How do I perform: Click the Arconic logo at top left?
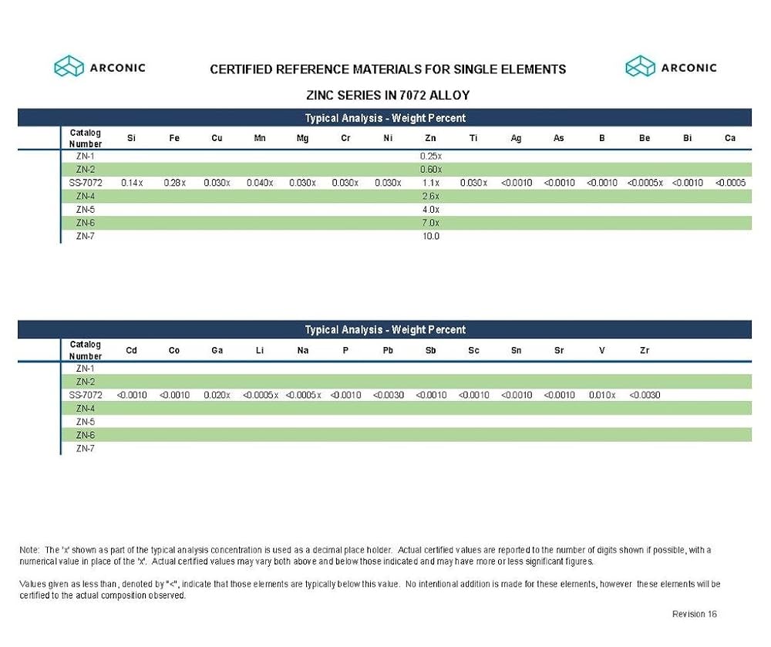[99, 67]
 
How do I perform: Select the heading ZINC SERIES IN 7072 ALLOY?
[388, 95]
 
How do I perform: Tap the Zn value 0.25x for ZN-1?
[430, 156]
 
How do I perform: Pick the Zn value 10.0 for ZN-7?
[430, 237]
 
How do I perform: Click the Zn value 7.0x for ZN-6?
[430, 223]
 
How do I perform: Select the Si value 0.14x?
[132, 183]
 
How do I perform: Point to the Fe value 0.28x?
[174, 183]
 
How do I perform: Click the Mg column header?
[302, 138]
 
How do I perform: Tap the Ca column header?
[729, 138]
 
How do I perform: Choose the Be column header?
[645, 138]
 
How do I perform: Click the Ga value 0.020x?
[217, 395]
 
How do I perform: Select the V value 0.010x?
[601, 395]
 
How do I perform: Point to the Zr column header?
[645, 350]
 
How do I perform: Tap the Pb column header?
[388, 350]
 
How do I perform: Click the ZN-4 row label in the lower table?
[86, 408]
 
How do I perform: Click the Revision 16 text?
[695, 614]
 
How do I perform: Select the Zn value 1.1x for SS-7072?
[430, 183]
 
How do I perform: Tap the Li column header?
[260, 350]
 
